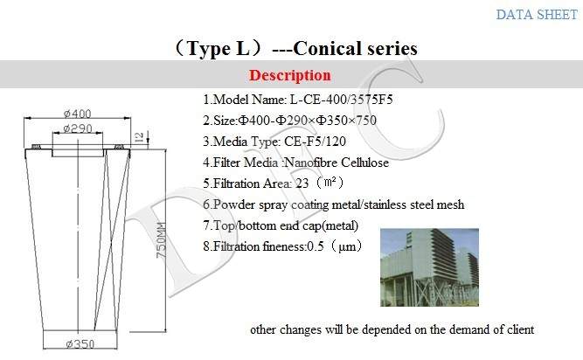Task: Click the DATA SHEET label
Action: (x=537, y=15)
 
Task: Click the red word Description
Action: (x=290, y=75)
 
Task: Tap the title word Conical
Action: (x=327, y=49)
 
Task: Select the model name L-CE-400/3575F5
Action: (x=342, y=100)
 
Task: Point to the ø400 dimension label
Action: (x=77, y=114)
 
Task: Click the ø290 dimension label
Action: (x=77, y=128)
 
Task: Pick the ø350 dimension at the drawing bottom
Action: (x=80, y=344)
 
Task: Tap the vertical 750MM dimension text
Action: (x=161, y=240)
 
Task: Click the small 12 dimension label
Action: (x=139, y=137)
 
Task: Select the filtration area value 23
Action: (x=302, y=183)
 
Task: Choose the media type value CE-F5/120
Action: (x=315, y=142)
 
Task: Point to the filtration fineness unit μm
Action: (x=347, y=247)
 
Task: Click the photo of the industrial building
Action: (x=429, y=267)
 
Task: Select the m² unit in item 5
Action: (x=330, y=183)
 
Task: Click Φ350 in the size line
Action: (x=334, y=121)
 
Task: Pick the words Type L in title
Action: (x=219, y=49)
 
